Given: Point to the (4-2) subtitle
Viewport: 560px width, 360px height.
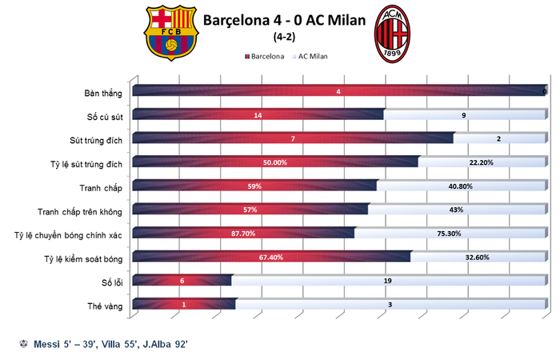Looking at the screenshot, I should (x=282, y=36).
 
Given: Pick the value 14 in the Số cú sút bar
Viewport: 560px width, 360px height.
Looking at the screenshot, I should (x=258, y=116).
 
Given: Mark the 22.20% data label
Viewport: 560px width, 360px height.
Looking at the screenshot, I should (x=480, y=163).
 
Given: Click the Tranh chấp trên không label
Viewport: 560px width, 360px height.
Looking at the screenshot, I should (x=80, y=212).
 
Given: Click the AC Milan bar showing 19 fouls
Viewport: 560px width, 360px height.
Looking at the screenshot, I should (x=387, y=282).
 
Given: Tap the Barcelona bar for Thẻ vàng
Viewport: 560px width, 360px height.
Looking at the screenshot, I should (x=184, y=306).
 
